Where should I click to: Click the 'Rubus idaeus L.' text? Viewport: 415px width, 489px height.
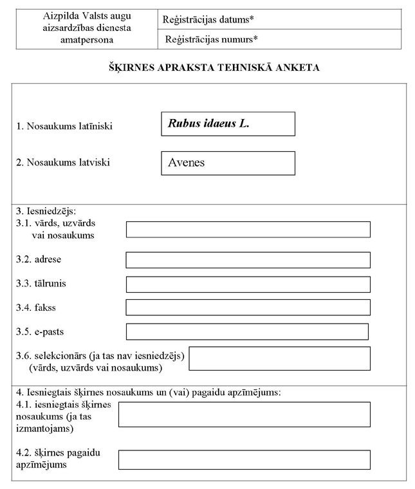coord(208,124)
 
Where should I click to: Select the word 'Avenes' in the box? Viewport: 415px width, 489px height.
coord(187,163)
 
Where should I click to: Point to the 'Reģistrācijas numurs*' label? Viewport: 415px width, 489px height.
coord(211,39)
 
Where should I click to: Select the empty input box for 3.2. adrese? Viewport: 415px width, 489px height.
coord(248,260)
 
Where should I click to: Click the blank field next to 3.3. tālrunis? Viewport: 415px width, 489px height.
coord(248,284)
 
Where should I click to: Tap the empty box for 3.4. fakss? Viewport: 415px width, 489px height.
coord(248,308)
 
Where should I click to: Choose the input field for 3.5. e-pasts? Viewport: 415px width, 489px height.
coord(247,331)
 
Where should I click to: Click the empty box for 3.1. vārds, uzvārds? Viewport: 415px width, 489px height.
coord(248,230)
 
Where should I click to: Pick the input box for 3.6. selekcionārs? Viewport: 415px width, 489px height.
coord(279,358)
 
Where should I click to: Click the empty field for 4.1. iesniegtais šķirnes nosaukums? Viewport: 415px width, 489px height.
coord(244,414)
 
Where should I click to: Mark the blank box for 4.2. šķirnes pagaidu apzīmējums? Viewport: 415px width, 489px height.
coord(244,459)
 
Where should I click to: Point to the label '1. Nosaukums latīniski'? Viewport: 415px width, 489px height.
coord(64,126)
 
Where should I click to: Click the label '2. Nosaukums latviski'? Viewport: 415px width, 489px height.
coord(63,162)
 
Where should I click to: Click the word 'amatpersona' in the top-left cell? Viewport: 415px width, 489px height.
coord(84,40)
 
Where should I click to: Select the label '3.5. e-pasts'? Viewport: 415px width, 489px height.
coord(40,332)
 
